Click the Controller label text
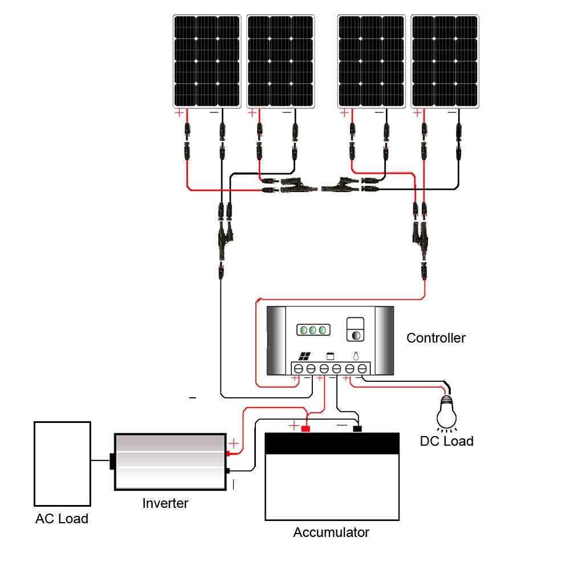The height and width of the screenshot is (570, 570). [436, 338]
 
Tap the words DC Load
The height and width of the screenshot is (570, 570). [446, 441]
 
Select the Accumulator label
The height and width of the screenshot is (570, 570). [331, 532]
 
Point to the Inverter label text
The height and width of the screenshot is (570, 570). [165, 503]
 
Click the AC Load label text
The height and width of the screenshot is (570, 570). [62, 518]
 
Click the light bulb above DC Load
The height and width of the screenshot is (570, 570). [446, 413]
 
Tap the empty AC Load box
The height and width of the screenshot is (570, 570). [62, 464]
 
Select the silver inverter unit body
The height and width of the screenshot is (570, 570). [170, 462]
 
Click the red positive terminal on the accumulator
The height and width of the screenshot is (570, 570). [306, 429]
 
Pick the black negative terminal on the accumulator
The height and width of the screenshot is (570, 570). [357, 429]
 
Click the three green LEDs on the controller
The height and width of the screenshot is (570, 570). [313, 330]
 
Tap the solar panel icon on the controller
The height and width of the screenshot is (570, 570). [304, 356]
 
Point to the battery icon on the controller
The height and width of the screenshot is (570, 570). [330, 356]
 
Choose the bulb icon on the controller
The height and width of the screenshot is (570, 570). [356, 356]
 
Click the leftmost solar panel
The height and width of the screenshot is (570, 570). [207, 62]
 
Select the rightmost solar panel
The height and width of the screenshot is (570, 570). [445, 62]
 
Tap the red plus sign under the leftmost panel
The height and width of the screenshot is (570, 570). [179, 113]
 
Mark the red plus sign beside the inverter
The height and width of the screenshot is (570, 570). [234, 443]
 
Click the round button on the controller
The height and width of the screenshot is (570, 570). [356, 335]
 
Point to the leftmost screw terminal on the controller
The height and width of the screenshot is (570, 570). [299, 369]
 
